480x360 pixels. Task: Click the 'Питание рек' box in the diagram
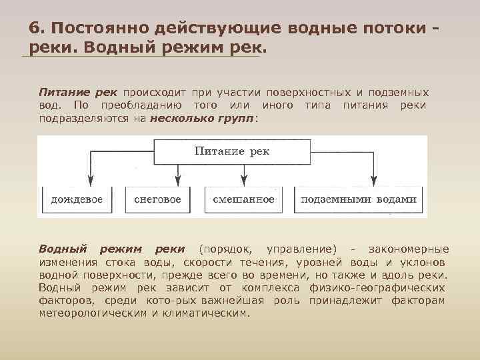coord(231,152)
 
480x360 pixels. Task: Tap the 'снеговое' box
coord(157,199)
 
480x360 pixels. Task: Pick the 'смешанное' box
coord(243,199)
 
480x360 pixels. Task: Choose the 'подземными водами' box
coord(358,199)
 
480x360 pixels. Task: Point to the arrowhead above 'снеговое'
coord(177,179)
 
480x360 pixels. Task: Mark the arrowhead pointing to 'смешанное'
coord(243,179)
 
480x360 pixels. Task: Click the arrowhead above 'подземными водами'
coord(371,179)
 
